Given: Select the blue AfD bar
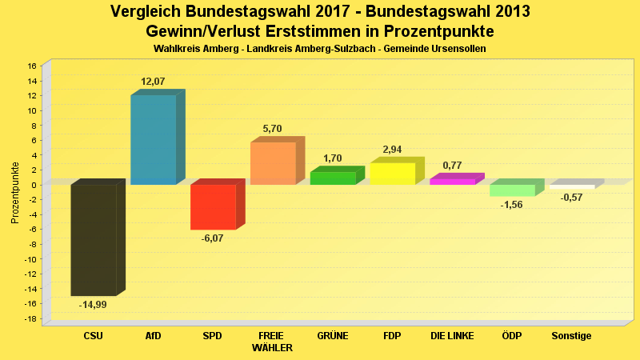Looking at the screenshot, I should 153,140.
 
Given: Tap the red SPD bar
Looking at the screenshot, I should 213,207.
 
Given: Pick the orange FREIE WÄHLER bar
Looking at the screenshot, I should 273,163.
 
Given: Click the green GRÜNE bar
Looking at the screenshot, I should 333,178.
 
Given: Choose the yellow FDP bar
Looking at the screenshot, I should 392,174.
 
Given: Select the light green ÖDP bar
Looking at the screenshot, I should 512,190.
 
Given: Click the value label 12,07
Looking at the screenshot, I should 153,82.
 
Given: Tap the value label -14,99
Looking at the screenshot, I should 93,305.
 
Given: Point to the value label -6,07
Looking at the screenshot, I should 213,238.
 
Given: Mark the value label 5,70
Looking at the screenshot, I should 273,129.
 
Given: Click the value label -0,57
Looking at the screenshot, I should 571,198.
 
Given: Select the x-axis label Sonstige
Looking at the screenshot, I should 571,336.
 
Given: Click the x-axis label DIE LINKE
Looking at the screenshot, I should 452,336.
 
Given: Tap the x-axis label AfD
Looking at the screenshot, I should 153,336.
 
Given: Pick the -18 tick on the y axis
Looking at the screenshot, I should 30,319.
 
